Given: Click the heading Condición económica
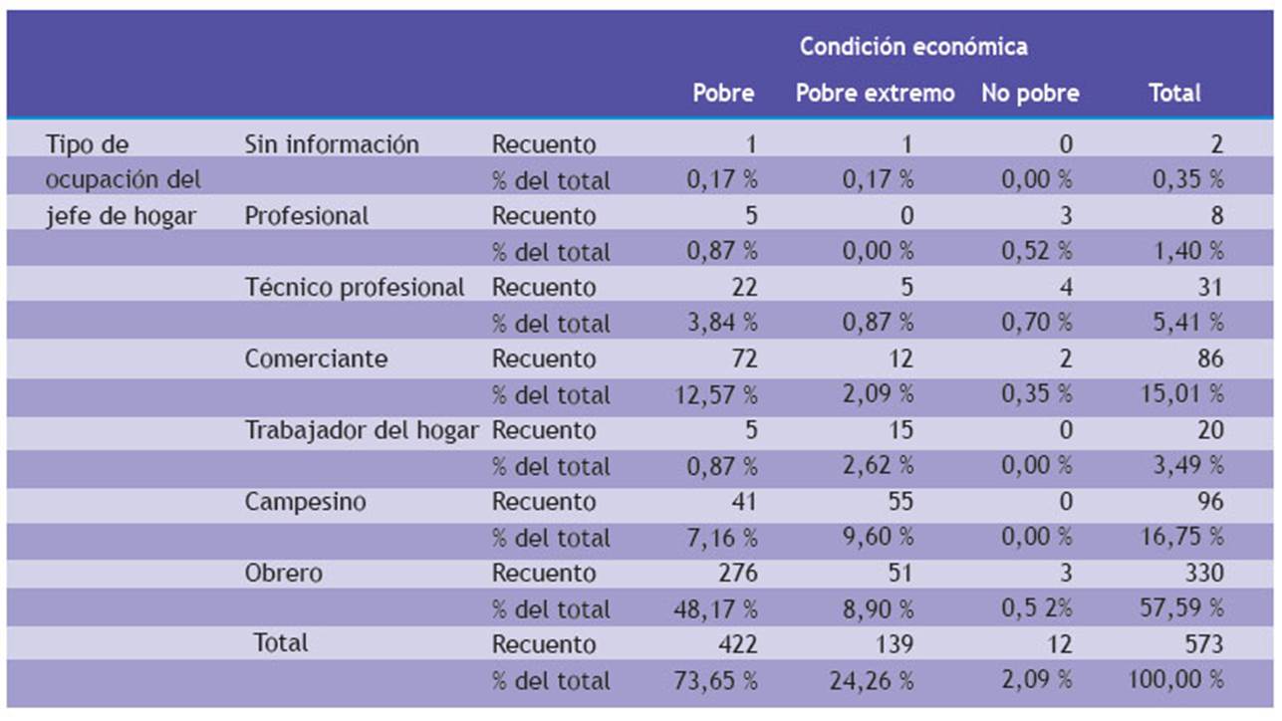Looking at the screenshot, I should (x=912, y=47).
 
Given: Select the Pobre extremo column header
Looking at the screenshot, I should (x=875, y=94).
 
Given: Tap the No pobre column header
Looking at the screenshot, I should (x=1030, y=94).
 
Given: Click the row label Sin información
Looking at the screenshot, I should (x=332, y=144).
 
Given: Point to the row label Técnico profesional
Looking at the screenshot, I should (x=355, y=288).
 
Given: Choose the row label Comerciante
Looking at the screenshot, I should (x=316, y=360).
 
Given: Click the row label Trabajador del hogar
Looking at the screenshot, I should (x=362, y=431).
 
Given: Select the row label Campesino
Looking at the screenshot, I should (x=305, y=502).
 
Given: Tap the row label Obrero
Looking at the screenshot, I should (x=283, y=574).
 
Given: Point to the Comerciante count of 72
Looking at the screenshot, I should (x=742, y=360).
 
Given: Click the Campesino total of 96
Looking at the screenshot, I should (x=1209, y=502).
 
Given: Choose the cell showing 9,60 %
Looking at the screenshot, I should (x=878, y=538).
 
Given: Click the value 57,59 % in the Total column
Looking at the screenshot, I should (x=1181, y=609).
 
